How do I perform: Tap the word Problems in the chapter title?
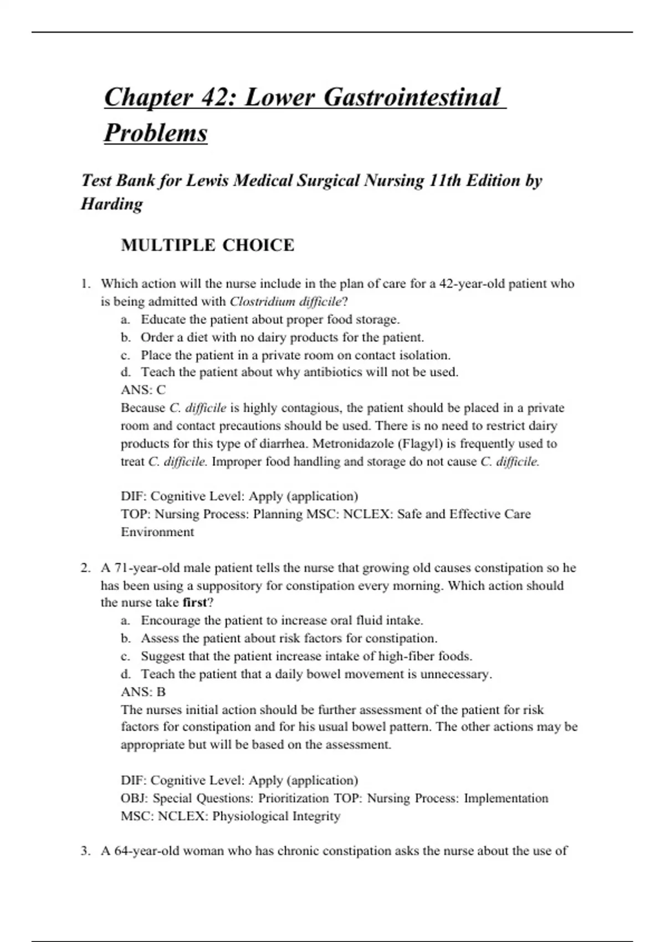[156, 133]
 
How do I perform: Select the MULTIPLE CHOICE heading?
[207, 245]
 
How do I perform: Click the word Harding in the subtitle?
[112, 204]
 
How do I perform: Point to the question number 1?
[85, 284]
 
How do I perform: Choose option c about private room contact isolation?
[295, 355]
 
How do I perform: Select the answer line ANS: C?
[143, 390]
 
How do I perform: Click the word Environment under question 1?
[157, 532]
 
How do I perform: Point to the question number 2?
[85, 568]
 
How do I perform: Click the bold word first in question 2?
[194, 602]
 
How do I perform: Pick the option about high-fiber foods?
[306, 656]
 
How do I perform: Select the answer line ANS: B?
[143, 692]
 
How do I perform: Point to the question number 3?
[85, 851]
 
